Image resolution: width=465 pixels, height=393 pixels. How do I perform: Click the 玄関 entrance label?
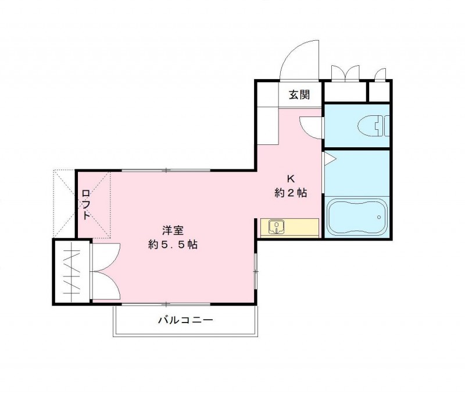[x=300, y=95]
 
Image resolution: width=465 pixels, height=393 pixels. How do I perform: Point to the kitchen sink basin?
[x=276, y=226]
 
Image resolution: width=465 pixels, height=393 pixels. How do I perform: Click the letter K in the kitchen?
[x=291, y=179]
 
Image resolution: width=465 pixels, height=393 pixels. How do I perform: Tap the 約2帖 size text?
[x=291, y=193]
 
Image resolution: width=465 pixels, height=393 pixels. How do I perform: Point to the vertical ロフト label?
[x=85, y=204]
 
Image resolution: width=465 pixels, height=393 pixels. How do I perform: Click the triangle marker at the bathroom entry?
[x=327, y=157]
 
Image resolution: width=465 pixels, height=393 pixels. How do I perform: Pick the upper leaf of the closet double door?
[x=106, y=254]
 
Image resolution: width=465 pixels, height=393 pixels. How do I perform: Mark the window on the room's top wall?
[x=166, y=170]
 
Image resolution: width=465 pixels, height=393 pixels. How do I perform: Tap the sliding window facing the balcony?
[x=166, y=304]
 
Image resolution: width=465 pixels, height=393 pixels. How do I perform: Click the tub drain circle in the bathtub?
[x=379, y=218]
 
